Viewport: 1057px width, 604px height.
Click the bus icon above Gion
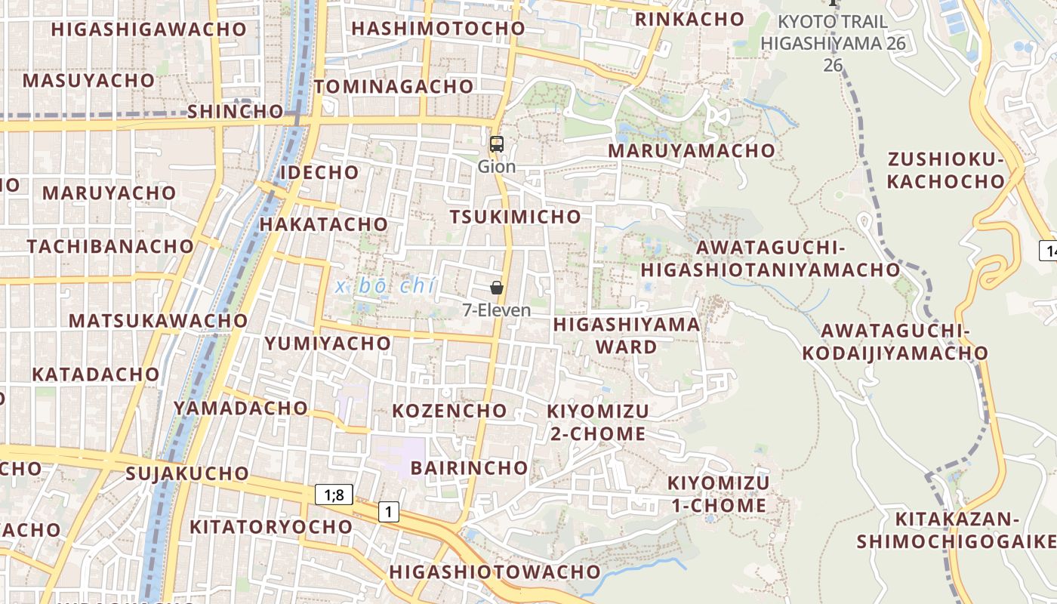point(496,144)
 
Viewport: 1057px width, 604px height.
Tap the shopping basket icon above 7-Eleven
point(497,288)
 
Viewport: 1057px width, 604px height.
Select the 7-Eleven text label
point(497,310)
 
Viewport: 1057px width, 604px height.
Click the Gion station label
point(497,167)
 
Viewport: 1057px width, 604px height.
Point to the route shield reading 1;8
point(334,495)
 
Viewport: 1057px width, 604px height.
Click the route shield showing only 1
point(388,512)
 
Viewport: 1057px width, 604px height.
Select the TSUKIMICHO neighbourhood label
point(516,217)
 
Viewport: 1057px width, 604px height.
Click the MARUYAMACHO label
point(692,150)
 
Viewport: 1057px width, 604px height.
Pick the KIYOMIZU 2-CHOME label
point(598,422)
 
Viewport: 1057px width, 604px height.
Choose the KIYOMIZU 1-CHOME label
point(719,494)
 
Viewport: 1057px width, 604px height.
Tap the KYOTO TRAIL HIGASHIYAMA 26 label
point(833,42)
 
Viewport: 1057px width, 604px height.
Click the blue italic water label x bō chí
point(386,286)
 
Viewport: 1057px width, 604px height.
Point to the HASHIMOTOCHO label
point(438,29)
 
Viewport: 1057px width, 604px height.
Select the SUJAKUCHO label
point(187,474)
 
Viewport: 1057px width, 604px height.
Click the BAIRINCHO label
point(469,467)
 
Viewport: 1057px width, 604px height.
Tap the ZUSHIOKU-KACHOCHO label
point(946,170)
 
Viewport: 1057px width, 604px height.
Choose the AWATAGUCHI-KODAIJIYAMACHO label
point(895,341)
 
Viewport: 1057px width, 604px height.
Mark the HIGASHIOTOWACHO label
point(495,572)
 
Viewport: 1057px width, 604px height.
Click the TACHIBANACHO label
point(110,246)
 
